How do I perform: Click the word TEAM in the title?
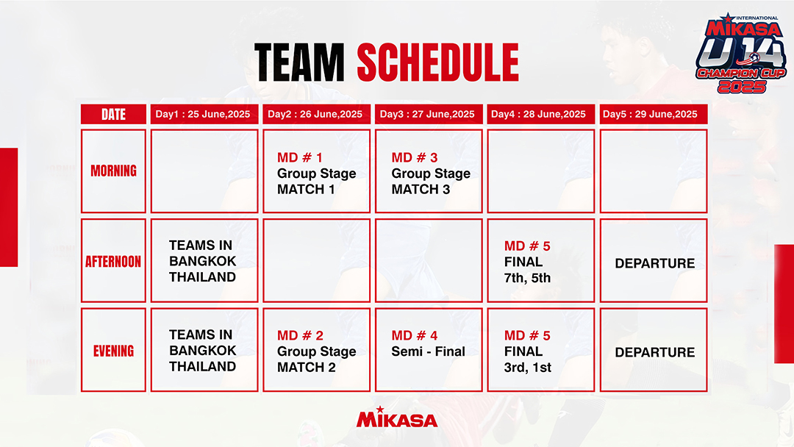click(x=299, y=62)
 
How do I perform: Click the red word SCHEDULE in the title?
click(x=438, y=62)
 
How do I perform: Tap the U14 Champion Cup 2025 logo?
click(x=741, y=53)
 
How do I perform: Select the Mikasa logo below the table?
click(x=397, y=417)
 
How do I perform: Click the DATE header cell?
click(x=113, y=115)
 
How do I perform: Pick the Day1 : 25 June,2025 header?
click(x=203, y=115)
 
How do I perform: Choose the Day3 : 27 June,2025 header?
click(x=427, y=115)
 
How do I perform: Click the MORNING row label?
click(x=113, y=171)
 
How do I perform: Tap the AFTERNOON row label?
click(x=113, y=261)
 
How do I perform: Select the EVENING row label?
click(x=113, y=351)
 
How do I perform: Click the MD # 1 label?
click(x=300, y=157)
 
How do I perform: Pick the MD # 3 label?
click(x=414, y=157)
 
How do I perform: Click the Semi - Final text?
click(x=429, y=351)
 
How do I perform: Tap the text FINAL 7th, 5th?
click(x=527, y=270)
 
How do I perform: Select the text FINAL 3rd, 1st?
click(x=528, y=360)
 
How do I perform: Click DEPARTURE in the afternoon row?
click(x=655, y=263)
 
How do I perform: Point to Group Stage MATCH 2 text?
click(x=316, y=360)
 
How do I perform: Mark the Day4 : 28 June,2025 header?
click(x=538, y=115)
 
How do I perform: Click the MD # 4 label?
click(x=414, y=336)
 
